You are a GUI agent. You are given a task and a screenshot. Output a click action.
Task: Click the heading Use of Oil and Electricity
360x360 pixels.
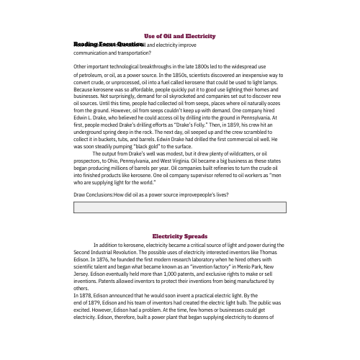click(180, 36)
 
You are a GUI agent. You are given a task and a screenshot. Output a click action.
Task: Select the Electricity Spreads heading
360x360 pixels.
click(180, 236)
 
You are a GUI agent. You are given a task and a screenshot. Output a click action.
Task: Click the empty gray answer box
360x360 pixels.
click(180, 207)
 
